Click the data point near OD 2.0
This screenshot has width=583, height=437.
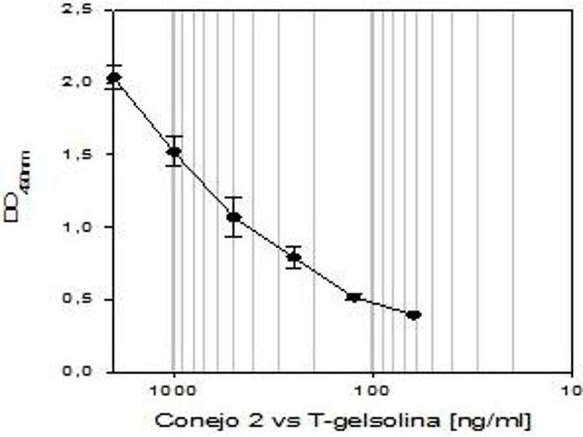pyautogui.click(x=114, y=77)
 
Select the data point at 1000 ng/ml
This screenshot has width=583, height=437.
pyautogui.click(x=173, y=151)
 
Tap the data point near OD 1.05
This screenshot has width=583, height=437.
pyautogui.click(x=233, y=217)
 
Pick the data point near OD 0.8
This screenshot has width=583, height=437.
pyautogui.click(x=294, y=256)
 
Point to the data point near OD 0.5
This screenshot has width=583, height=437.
pyautogui.click(x=354, y=297)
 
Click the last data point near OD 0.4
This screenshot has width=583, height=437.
pyautogui.click(x=414, y=315)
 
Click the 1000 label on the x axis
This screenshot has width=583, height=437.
pyautogui.click(x=173, y=390)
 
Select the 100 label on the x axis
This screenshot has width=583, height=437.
pyautogui.click(x=372, y=390)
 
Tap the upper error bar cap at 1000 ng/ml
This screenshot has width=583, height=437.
pyautogui.click(x=173, y=136)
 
